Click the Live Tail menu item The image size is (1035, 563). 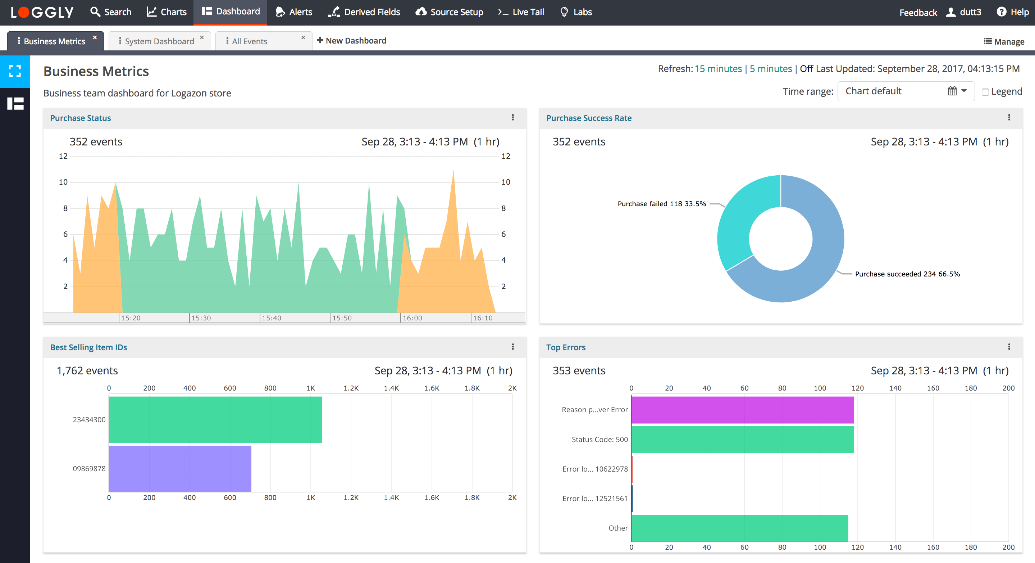point(521,12)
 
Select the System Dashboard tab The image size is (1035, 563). point(159,41)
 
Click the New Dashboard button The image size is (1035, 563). point(352,41)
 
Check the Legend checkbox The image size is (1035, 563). point(985,92)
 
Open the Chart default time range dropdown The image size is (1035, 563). point(906,91)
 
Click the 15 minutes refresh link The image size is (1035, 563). point(718,69)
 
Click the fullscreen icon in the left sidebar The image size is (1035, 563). point(15,71)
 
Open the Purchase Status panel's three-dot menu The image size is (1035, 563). point(513,117)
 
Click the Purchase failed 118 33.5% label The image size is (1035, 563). point(661,204)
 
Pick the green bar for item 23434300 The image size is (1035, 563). point(215,419)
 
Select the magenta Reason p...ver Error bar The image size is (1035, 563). point(742,410)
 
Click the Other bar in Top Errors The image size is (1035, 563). point(739,528)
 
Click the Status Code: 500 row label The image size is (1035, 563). point(599,440)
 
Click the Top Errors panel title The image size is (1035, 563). point(565,347)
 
